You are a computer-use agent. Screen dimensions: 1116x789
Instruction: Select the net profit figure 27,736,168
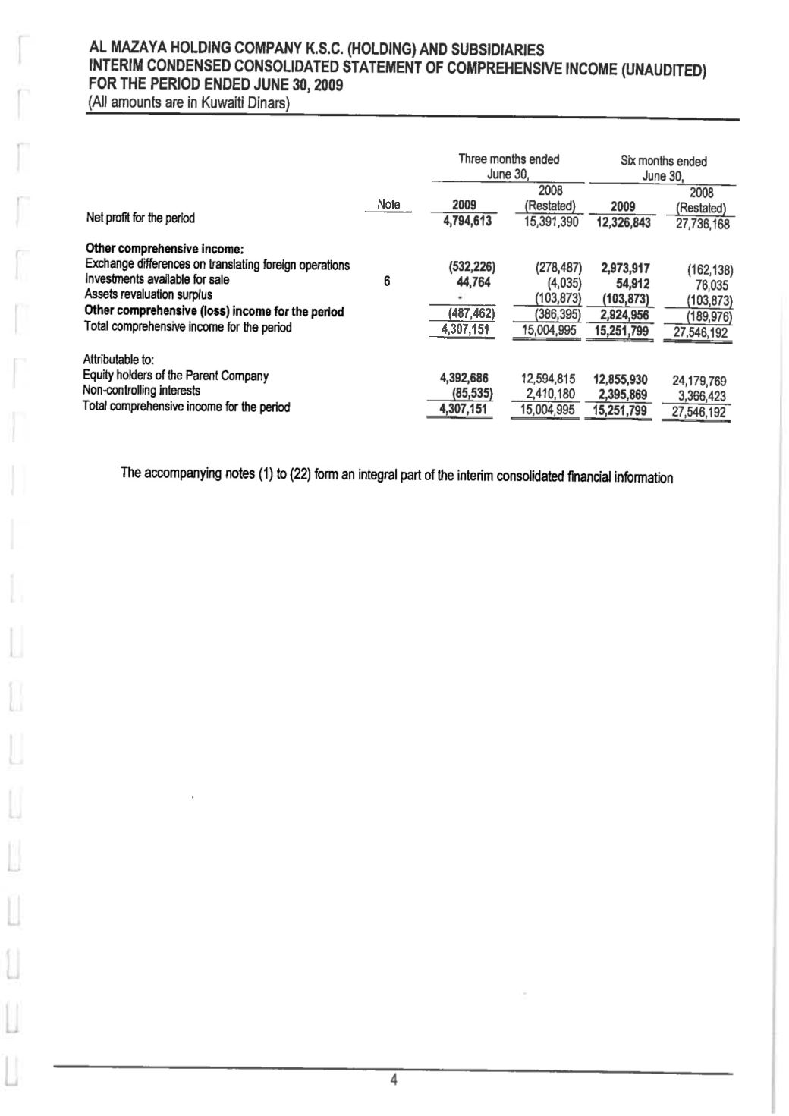pyautogui.click(x=698, y=225)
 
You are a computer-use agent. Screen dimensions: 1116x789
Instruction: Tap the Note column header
pyautogui.click(x=388, y=204)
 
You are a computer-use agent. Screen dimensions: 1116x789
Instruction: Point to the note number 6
pyautogui.click(x=387, y=281)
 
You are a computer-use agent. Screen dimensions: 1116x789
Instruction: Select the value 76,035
pyautogui.click(x=712, y=285)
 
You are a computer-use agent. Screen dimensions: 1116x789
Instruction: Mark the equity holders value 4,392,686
pyautogui.click(x=464, y=378)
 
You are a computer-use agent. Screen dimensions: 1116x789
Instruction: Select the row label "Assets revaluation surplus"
pyautogui.click(x=149, y=295)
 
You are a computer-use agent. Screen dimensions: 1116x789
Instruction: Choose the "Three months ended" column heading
pyautogui.click(x=508, y=159)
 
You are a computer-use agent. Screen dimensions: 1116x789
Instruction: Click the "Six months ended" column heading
pyautogui.click(x=663, y=162)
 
